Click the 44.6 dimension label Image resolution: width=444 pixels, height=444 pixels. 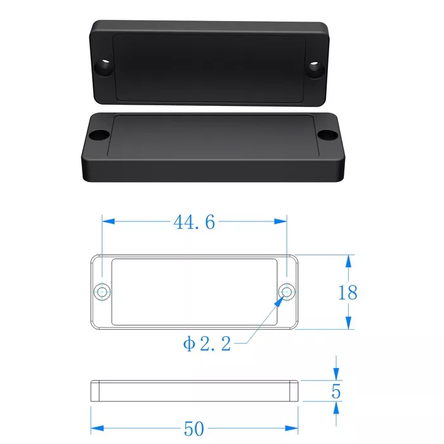pos(194,222)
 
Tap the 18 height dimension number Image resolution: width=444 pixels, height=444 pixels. pos(348,292)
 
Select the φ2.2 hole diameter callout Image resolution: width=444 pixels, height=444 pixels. pos(207,344)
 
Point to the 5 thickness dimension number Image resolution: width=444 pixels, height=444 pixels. pos(336,391)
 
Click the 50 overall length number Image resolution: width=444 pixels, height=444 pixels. pos(194,428)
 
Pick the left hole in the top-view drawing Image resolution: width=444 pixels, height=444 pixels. pos(102,292)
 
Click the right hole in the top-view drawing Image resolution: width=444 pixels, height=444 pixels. pos(287,292)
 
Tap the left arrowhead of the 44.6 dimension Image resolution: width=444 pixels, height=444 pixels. pos(108,221)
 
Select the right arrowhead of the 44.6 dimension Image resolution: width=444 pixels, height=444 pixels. pos(280,221)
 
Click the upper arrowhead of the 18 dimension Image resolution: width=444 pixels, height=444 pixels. pos(349,261)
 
